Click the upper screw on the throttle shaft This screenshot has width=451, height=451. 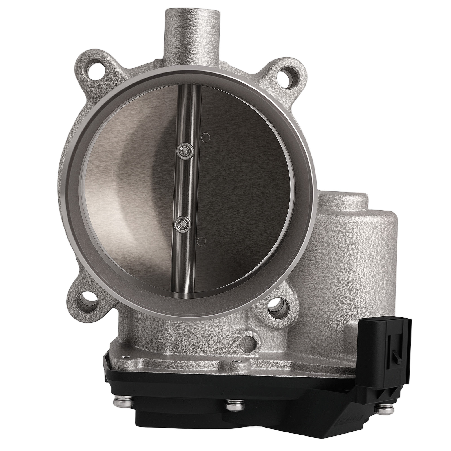(x=185, y=152)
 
